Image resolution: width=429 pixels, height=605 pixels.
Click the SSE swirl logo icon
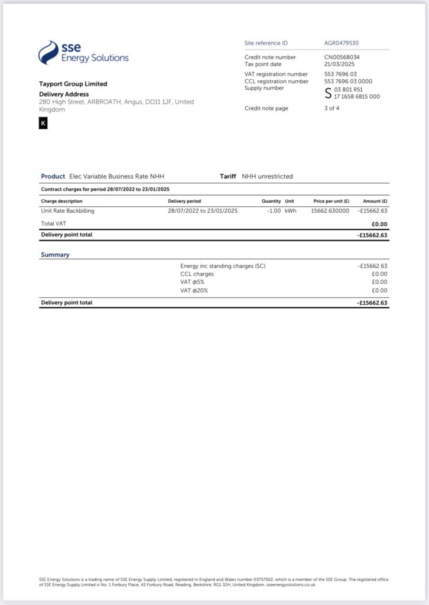pos(48,53)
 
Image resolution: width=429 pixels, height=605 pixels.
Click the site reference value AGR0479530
pos(342,43)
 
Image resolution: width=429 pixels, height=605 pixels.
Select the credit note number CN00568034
pos(342,57)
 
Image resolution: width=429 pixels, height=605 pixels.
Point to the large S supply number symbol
pos(329,93)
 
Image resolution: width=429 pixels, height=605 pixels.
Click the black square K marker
pos(43,123)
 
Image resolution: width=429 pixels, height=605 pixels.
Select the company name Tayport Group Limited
pos(73,84)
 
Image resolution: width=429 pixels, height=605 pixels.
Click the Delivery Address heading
pos(64,94)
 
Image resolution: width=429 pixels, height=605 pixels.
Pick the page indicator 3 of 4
pos(332,108)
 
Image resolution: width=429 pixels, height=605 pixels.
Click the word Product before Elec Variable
pos(53,176)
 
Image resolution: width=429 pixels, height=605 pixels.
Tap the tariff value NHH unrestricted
pos(267,176)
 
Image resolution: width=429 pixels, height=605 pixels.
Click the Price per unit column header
pos(331,201)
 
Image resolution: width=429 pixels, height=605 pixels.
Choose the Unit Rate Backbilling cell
pos(68,211)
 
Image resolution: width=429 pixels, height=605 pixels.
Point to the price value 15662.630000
pos(330,211)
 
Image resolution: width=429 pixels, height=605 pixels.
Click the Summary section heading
pos(55,255)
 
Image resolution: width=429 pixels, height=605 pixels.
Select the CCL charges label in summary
pos(197,274)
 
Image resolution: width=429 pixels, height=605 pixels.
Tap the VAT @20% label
pos(194,291)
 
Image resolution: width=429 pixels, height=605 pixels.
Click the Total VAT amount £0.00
pos(379,224)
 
